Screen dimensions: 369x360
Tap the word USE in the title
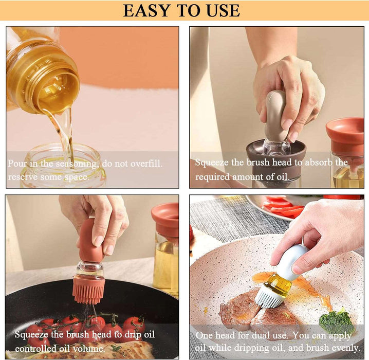pyautogui.click(x=223, y=11)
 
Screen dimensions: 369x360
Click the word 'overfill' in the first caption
pyautogui.click(x=146, y=164)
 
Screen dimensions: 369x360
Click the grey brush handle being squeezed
pyautogui.click(x=276, y=116)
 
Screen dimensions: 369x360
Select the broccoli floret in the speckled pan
pyautogui.click(x=337, y=321)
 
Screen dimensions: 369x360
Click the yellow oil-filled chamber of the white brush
pyautogui.click(x=280, y=284)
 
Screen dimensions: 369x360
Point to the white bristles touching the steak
pyautogui.click(x=268, y=298)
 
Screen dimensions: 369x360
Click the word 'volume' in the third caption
pyautogui.click(x=88, y=348)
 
